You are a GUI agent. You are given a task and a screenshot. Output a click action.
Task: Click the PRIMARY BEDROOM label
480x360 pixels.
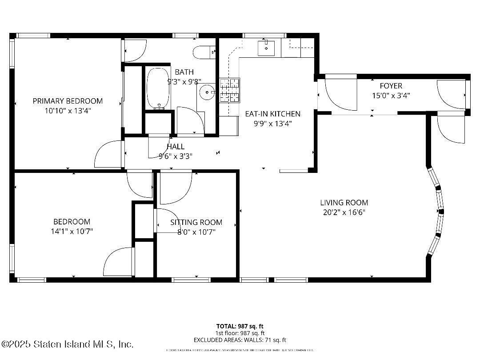pyautogui.click(x=68, y=101)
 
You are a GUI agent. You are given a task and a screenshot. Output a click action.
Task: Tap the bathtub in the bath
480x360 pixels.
pyautogui.click(x=158, y=88)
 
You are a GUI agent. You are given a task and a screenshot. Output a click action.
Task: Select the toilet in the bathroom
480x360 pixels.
pyautogui.click(x=204, y=52)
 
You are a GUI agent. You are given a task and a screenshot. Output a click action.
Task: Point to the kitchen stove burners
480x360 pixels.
pyautogui.click(x=230, y=90)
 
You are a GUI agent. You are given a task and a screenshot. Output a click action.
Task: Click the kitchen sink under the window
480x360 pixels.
pyautogui.click(x=266, y=48)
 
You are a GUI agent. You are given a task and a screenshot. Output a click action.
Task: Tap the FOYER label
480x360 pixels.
pyautogui.click(x=391, y=86)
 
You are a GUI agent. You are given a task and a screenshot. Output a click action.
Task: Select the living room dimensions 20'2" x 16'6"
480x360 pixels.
pyautogui.click(x=344, y=212)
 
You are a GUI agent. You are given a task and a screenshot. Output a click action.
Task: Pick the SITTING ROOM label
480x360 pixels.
pyautogui.click(x=196, y=222)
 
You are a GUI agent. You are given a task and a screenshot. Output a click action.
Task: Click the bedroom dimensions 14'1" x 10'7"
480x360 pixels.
pyautogui.click(x=72, y=231)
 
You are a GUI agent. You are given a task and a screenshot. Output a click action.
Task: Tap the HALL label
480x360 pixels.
pyautogui.click(x=176, y=147)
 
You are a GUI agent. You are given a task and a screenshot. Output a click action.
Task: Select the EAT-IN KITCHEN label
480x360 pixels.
pyautogui.click(x=272, y=114)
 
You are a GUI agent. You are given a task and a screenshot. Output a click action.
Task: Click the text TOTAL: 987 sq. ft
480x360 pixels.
pyautogui.click(x=240, y=326)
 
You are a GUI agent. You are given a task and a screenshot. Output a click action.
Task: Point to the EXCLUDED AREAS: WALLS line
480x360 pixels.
pyautogui.click(x=240, y=340)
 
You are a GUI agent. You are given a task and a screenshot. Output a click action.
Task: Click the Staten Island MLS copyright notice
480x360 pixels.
pyautogui.click(x=67, y=344)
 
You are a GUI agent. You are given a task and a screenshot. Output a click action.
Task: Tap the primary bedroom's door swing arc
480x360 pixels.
pyautogui.click(x=107, y=155)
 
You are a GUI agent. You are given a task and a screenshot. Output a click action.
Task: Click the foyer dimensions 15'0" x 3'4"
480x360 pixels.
pyautogui.click(x=391, y=95)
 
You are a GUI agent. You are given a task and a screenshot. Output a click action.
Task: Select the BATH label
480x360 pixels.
pyautogui.click(x=184, y=72)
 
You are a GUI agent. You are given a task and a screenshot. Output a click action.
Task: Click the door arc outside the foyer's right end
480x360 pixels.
pyautogui.click(x=451, y=130)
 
